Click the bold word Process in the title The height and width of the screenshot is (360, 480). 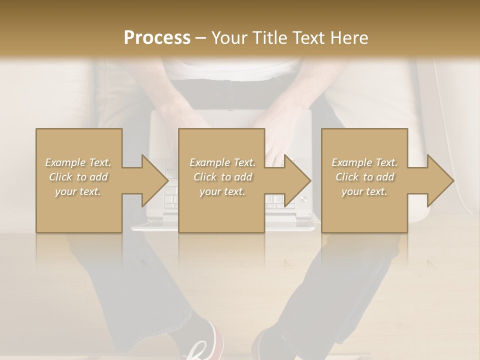[x=157, y=37]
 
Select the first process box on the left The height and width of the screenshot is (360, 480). [x=78, y=210]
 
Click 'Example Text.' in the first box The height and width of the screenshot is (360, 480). [x=78, y=162]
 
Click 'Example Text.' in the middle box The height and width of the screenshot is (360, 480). [x=222, y=162]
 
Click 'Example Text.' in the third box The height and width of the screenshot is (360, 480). [x=364, y=162]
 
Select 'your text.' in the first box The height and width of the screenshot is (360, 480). [x=78, y=191]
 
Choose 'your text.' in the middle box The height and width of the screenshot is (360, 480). [x=222, y=191]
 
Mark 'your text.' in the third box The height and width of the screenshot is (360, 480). [x=364, y=191]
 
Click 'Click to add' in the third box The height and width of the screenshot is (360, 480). [x=364, y=177]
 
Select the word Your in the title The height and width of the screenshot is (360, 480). [x=228, y=37]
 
